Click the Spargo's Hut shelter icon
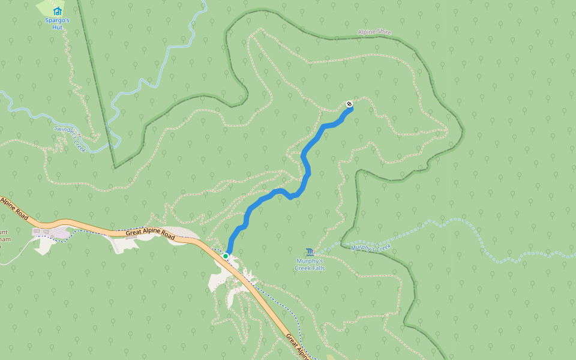pyautogui.click(x=58, y=11)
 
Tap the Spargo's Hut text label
pyautogui.click(x=58, y=23)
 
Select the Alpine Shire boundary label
pyautogui.click(x=374, y=32)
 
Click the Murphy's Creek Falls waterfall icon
pyautogui.click(x=310, y=252)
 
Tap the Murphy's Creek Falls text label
pyautogui.click(x=310, y=265)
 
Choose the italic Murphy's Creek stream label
pyautogui.click(x=371, y=247)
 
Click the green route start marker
pyautogui.click(x=226, y=256)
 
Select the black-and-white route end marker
pyautogui.click(x=349, y=104)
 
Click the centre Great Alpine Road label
pyautogui.click(x=150, y=234)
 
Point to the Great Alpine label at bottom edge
pyautogui.click(x=298, y=346)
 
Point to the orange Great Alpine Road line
pyautogui.click(x=90, y=226)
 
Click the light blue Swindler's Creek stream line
pyautogui.click(x=36, y=114)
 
